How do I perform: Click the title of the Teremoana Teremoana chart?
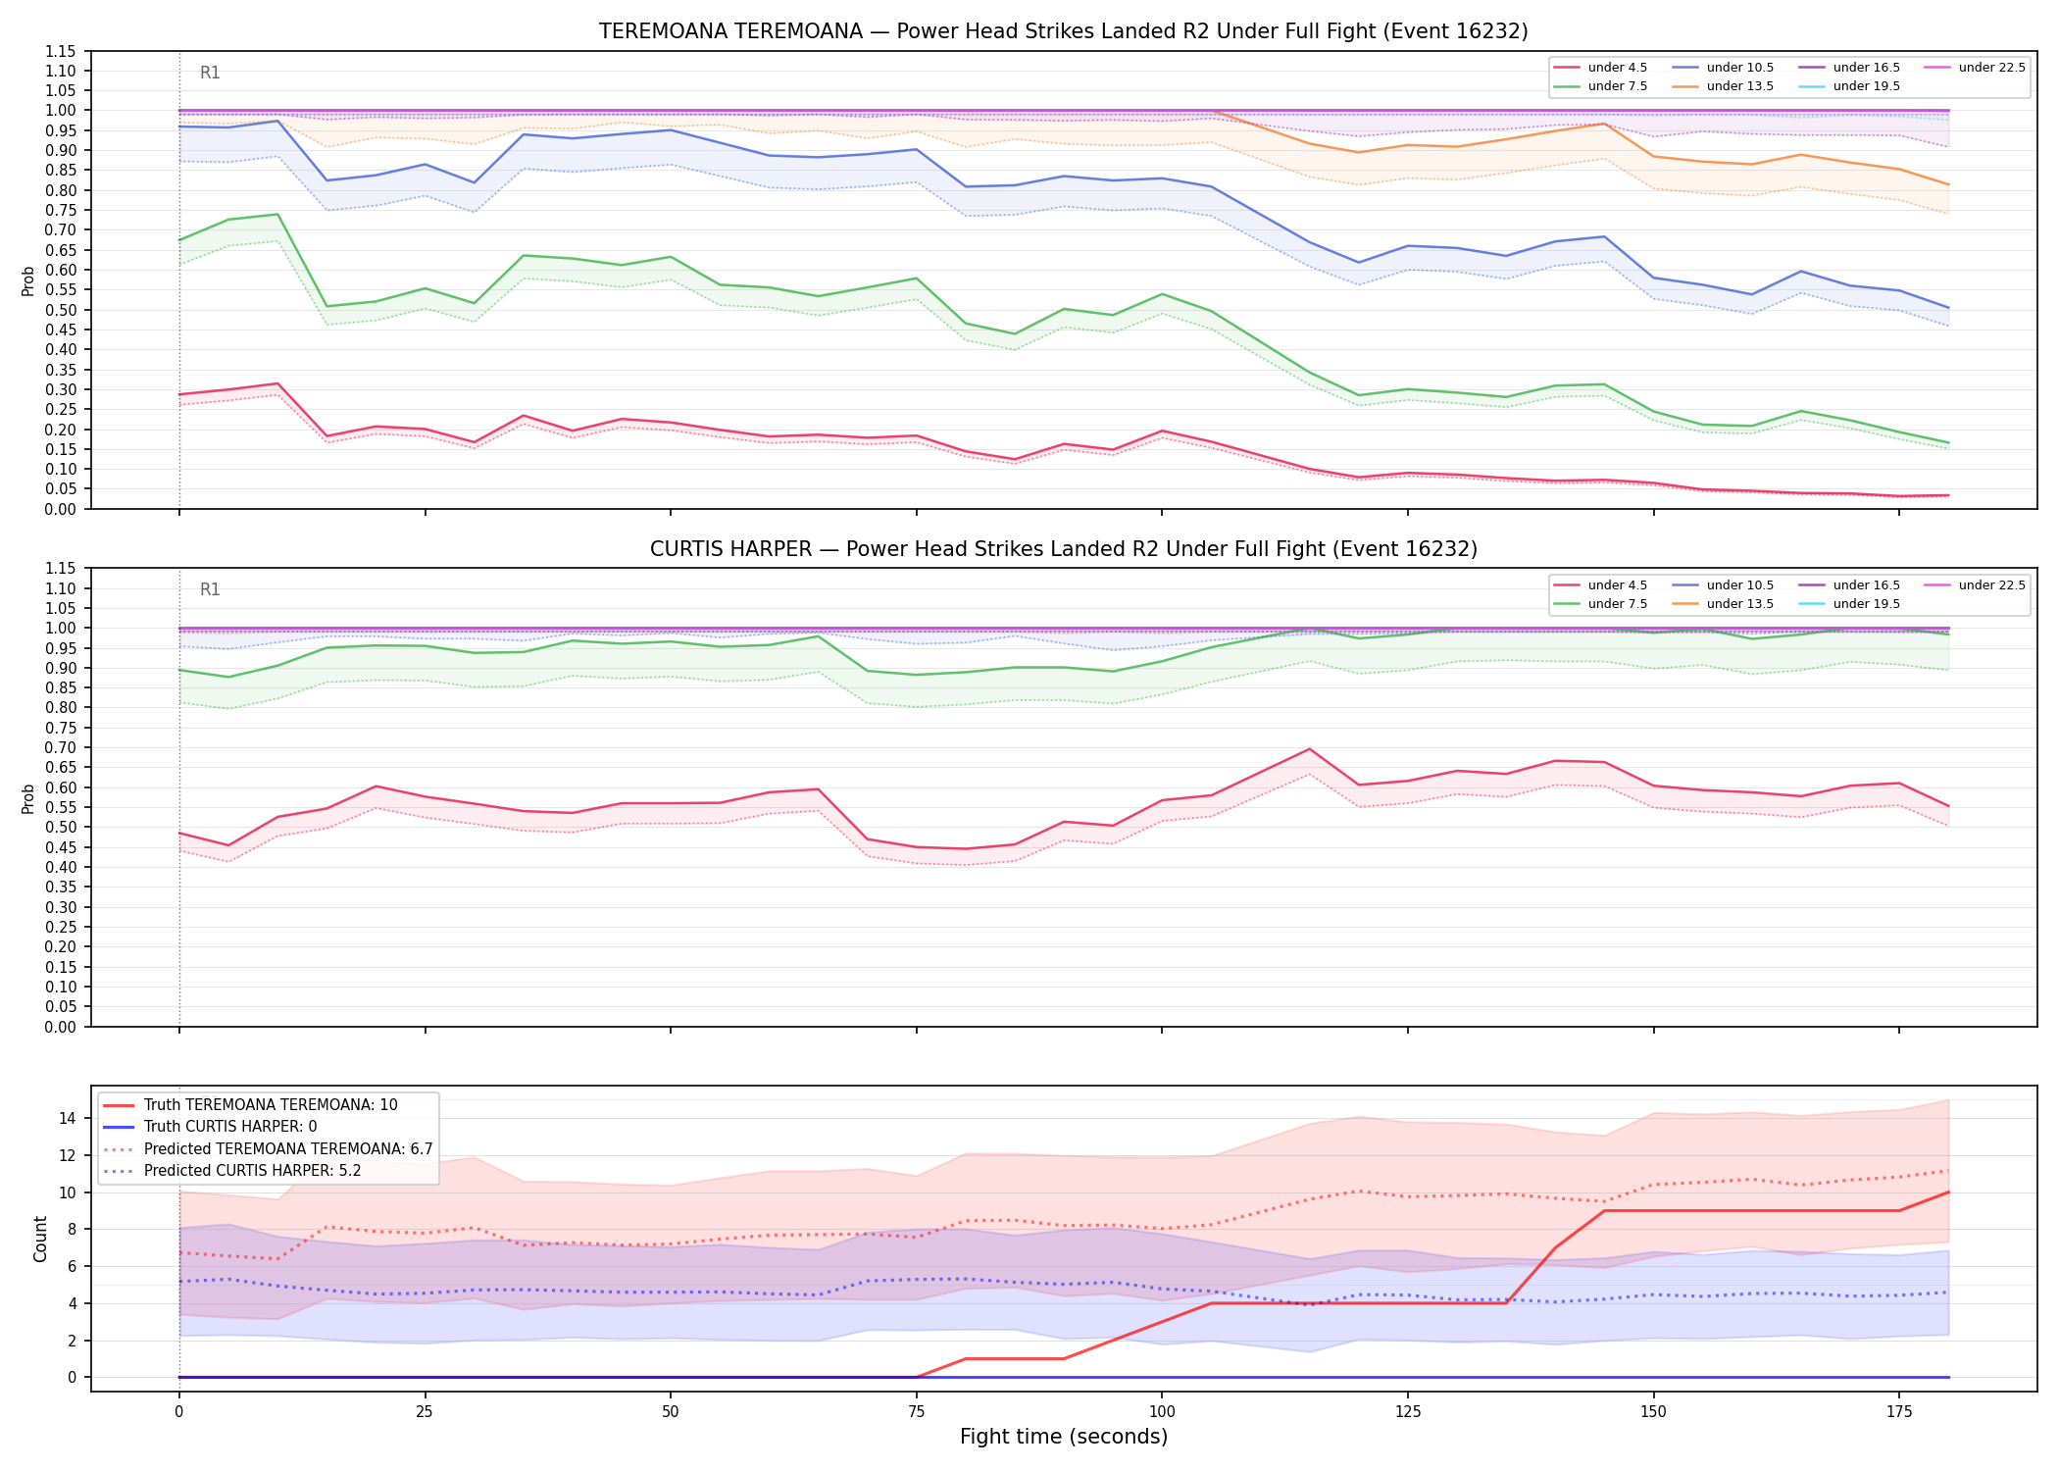[x=1063, y=31]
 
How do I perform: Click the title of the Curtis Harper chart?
[x=1063, y=549]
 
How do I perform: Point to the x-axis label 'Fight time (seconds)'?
[x=1064, y=1437]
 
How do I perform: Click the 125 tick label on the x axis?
[x=1408, y=1412]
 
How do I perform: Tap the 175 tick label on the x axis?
[x=1899, y=1412]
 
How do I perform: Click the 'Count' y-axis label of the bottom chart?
[x=40, y=1239]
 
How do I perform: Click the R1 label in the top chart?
[x=210, y=73]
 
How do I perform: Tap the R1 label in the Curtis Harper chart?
[x=210, y=589]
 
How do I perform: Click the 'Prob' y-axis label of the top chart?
[x=28, y=280]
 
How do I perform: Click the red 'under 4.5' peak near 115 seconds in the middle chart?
[x=1309, y=749]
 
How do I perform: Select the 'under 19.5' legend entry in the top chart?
[x=1867, y=86]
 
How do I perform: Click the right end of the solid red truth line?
[x=1948, y=1192]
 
